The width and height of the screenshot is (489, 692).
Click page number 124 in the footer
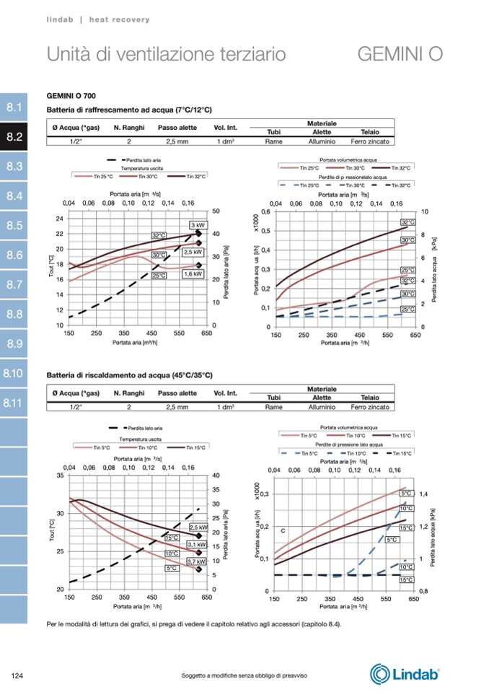[x=19, y=675]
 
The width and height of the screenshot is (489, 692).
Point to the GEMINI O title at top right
[x=400, y=54]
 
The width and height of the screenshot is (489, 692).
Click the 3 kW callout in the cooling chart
[x=198, y=226]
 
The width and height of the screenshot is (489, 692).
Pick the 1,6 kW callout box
[x=193, y=274]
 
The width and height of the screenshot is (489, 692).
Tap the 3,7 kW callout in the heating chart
[x=197, y=561]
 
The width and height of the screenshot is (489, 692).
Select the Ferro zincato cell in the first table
[x=370, y=141]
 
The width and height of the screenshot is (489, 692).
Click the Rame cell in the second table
[x=273, y=407]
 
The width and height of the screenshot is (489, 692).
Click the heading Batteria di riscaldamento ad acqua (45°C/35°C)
[x=129, y=375]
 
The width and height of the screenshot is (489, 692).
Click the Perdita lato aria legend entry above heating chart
[x=135, y=429]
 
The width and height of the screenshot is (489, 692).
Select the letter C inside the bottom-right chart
[x=283, y=531]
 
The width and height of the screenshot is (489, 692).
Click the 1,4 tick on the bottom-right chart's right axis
[x=423, y=494]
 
